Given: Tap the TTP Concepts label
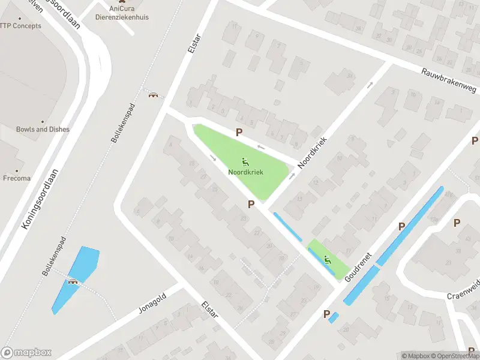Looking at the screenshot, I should click(20, 26).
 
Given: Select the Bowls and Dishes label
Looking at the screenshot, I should click(43, 129).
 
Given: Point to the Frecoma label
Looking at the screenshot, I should click(16, 178).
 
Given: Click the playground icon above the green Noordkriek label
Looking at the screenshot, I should click(245, 161).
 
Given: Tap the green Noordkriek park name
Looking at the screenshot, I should click(245, 172).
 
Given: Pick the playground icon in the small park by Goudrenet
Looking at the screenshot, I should click(327, 260).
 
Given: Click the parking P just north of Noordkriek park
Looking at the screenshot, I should click(239, 132).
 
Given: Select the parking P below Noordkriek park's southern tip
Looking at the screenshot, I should click(251, 205).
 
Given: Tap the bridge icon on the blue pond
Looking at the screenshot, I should click(74, 281).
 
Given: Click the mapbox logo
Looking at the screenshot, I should click(26, 353).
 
